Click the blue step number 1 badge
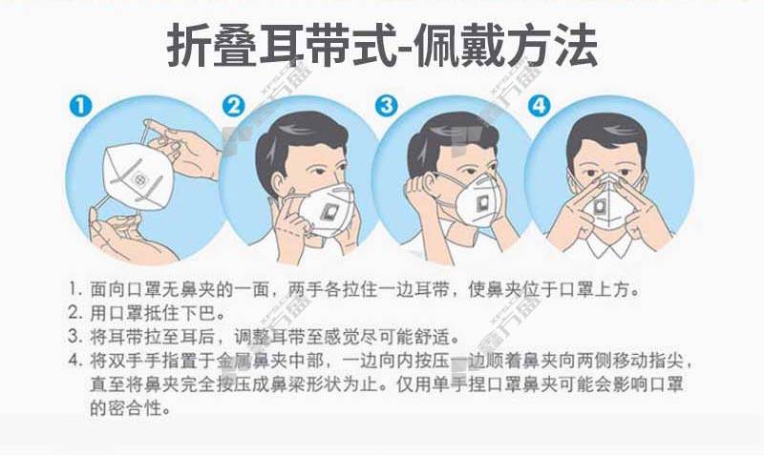tap(80, 106)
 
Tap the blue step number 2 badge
tap(234, 106)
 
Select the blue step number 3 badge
tap(387, 106)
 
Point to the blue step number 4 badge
tap(540, 106)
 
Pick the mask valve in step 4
tap(601, 207)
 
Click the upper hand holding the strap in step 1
tap(182, 146)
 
